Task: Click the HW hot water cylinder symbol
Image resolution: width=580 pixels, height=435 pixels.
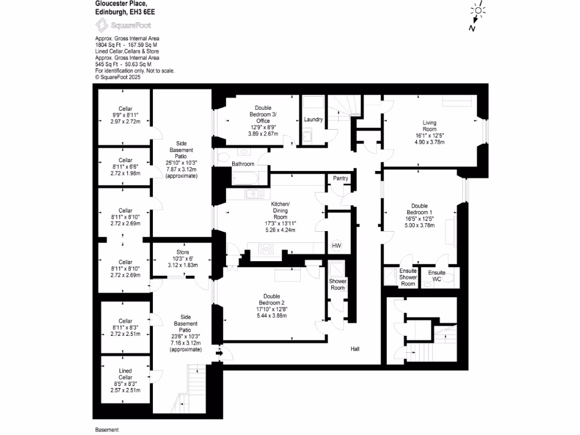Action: [x=336, y=246]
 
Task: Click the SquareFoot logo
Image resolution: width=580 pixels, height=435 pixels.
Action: [x=123, y=25]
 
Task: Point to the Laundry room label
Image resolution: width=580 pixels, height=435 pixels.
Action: [x=313, y=120]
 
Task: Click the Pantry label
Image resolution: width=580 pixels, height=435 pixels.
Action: [x=340, y=178]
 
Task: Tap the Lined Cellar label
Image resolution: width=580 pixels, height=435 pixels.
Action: [x=125, y=374]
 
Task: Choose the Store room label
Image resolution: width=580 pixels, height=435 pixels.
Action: [x=182, y=251]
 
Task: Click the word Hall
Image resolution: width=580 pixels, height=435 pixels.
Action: [x=356, y=349]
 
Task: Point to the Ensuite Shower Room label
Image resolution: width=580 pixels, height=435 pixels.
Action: [x=408, y=278]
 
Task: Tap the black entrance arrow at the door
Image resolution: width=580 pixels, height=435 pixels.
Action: [x=220, y=355]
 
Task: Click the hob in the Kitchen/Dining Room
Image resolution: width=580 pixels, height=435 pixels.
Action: [x=265, y=249]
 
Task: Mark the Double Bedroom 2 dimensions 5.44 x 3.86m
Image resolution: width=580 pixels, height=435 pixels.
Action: [x=271, y=315]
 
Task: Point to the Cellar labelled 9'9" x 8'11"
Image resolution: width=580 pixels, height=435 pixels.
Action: [x=125, y=115]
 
